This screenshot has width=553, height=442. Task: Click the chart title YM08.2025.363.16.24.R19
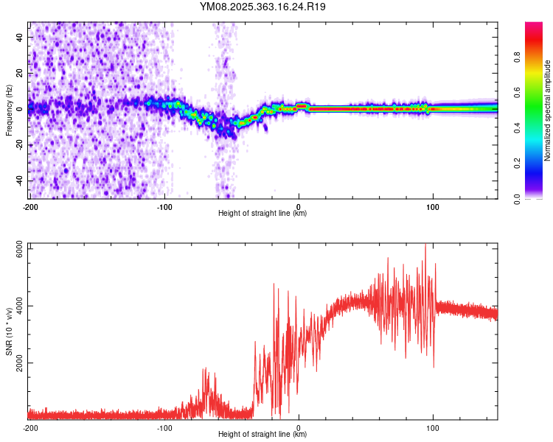click(x=263, y=7)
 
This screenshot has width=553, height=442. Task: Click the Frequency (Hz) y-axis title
click(x=9, y=110)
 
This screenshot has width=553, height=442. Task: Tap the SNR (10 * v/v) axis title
click(x=9, y=332)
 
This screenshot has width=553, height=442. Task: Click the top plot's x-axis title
click(x=262, y=214)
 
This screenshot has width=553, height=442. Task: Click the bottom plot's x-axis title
click(x=262, y=435)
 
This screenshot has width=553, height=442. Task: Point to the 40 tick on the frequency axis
click(x=21, y=36)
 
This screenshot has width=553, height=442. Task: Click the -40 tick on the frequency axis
click(x=19, y=180)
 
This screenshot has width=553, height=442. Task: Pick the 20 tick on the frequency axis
click(x=21, y=72)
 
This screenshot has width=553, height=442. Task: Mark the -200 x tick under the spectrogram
click(x=30, y=206)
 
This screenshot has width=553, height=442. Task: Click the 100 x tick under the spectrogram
click(x=433, y=206)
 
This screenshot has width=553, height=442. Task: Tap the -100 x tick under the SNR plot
click(x=164, y=427)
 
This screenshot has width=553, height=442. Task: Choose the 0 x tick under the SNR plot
click(x=299, y=427)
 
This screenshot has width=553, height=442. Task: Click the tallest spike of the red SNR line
click(x=425, y=245)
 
